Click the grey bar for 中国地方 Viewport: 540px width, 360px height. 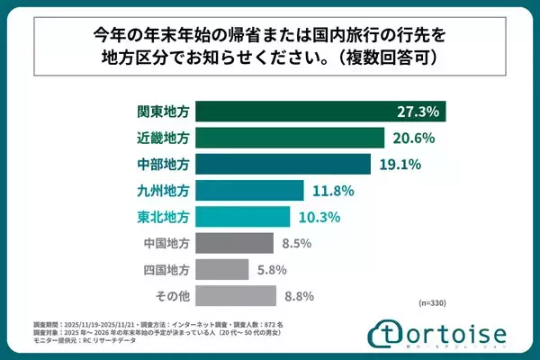click(x=233, y=243)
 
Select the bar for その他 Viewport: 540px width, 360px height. click(x=234, y=295)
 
